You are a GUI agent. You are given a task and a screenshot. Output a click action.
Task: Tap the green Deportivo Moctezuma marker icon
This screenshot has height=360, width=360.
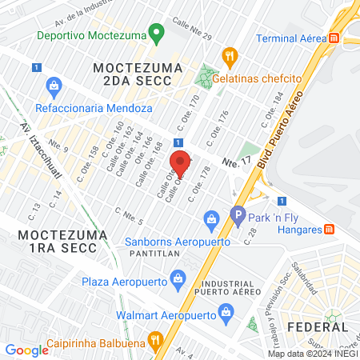pyautogui.click(x=157, y=35)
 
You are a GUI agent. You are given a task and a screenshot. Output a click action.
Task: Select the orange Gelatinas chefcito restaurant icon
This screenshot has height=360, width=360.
pyautogui.click(x=230, y=56)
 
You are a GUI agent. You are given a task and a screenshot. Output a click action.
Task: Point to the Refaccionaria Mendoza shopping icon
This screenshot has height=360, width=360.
pyautogui.click(x=54, y=85)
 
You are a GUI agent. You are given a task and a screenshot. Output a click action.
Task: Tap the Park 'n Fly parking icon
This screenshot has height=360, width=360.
pyautogui.click(x=237, y=214)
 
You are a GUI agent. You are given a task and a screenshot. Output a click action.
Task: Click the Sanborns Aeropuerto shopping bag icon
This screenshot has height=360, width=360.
pyautogui.click(x=212, y=218)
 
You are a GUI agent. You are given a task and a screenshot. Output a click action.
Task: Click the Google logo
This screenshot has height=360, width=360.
pyautogui.click(x=26, y=350)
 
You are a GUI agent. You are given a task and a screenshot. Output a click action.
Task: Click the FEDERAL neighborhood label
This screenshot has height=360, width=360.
pyautogui.click(x=317, y=327)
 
